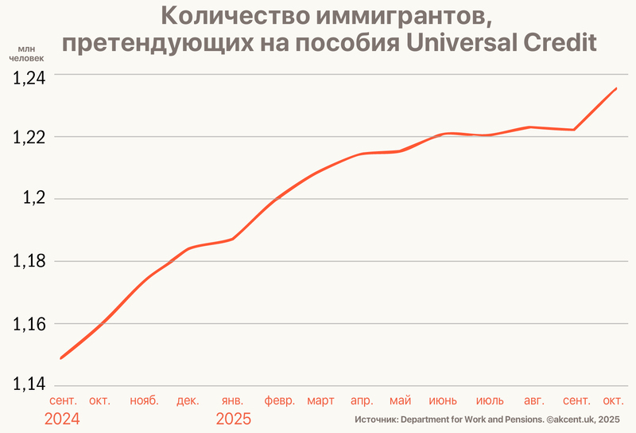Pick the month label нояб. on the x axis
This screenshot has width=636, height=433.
pos(144,400)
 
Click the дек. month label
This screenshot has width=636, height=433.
pos(188,400)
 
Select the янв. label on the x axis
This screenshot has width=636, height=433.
pos(233,400)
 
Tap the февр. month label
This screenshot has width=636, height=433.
pos(280,400)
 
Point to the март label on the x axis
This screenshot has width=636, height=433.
pos(320,400)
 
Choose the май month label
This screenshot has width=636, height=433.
pos(401,400)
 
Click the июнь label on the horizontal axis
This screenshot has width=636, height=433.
pos(443,400)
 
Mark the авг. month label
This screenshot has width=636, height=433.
pos(535,400)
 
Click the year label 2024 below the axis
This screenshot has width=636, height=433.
pos(62,419)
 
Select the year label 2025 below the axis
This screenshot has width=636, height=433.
pos(234,419)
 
